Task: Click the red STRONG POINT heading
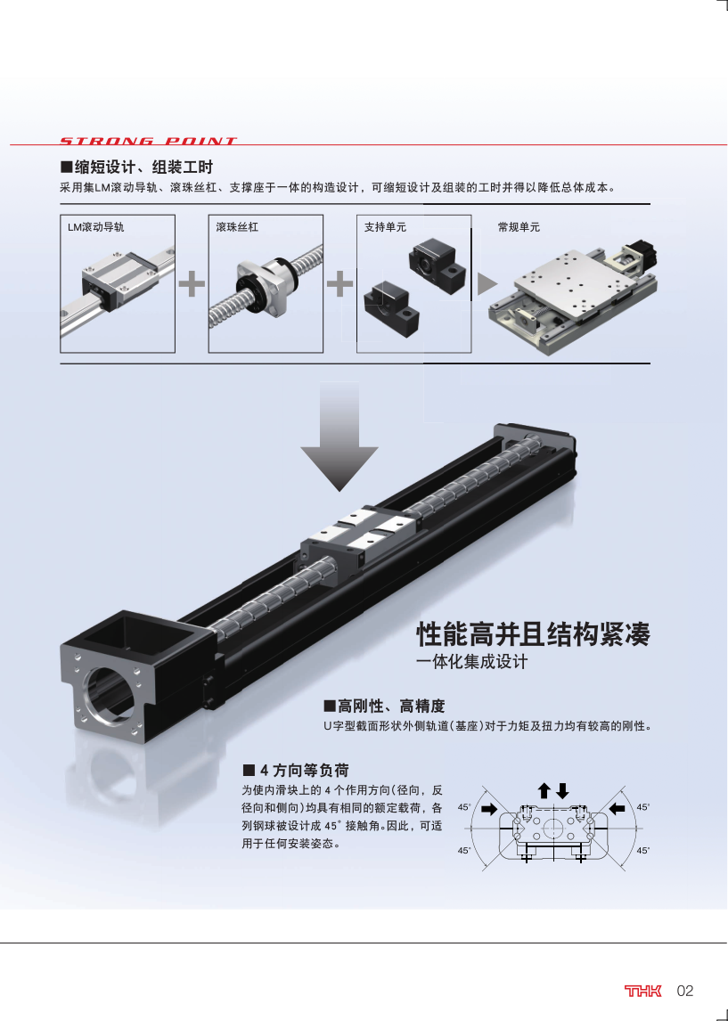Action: pyautogui.click(x=148, y=141)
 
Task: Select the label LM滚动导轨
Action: pyautogui.click(x=95, y=227)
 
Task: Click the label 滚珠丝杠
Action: pyautogui.click(x=237, y=227)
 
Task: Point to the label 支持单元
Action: pyautogui.click(x=385, y=227)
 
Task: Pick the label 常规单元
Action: pyautogui.click(x=519, y=227)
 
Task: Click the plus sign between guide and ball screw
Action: pyautogui.click(x=192, y=283)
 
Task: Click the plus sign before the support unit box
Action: pyautogui.click(x=339, y=283)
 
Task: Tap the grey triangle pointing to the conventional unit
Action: pyautogui.click(x=487, y=284)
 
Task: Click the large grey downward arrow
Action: pyautogui.click(x=339, y=437)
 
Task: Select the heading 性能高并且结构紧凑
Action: pyautogui.click(x=533, y=633)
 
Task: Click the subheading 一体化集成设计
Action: pyautogui.click(x=472, y=662)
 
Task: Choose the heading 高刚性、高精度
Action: pyautogui.click(x=384, y=706)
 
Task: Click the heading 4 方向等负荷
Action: pyautogui.click(x=296, y=771)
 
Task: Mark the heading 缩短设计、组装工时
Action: pyautogui.click(x=136, y=167)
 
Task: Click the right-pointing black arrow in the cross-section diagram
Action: pyautogui.click(x=489, y=809)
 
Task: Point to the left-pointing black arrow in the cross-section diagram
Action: pyautogui.click(x=617, y=809)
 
